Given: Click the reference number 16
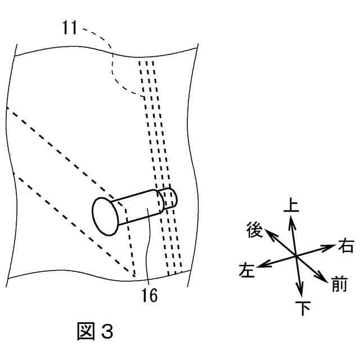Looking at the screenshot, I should [150, 294].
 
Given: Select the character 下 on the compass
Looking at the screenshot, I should [303, 308].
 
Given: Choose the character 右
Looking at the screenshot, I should [345, 245].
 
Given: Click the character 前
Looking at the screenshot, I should [339, 285].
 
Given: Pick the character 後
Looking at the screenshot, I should [255, 229].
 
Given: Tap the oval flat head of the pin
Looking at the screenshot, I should [105, 215].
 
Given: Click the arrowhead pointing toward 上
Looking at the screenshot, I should [291, 220].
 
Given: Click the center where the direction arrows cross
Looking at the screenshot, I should [296, 256].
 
